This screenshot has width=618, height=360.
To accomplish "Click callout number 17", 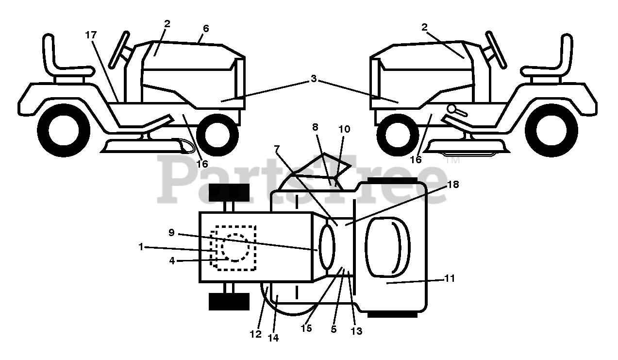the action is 90,35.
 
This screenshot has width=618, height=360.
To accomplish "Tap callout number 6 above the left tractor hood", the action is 206,29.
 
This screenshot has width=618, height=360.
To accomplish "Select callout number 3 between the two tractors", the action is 314,79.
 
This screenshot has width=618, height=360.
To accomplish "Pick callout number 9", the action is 171,232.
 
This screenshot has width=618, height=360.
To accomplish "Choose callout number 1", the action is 141,247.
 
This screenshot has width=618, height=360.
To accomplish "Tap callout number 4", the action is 172,260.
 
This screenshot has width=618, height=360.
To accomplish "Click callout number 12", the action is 256,334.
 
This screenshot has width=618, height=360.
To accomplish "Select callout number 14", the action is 273,339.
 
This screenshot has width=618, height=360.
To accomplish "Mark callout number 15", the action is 306,328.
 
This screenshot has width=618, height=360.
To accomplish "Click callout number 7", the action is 277,150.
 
